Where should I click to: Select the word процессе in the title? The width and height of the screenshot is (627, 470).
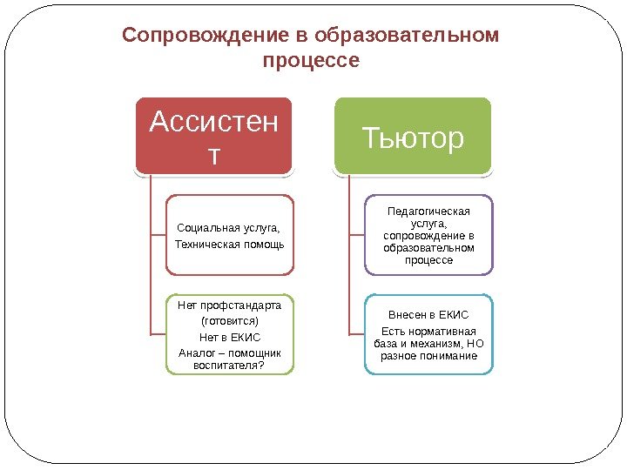(x=311, y=62)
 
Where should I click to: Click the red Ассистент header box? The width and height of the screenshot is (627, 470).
(x=212, y=135)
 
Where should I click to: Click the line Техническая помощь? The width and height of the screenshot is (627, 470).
(x=230, y=244)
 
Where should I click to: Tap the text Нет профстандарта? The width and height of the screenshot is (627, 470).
(x=230, y=305)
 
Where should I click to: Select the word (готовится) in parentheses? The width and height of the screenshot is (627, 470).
(x=230, y=321)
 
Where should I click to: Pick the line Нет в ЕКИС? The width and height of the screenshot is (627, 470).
(x=230, y=337)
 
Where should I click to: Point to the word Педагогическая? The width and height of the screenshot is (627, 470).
(x=428, y=211)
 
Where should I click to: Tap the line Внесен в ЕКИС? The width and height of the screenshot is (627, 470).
(x=428, y=315)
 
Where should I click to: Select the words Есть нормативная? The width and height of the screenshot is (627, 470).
(x=428, y=332)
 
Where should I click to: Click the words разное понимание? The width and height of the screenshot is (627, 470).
(x=428, y=356)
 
